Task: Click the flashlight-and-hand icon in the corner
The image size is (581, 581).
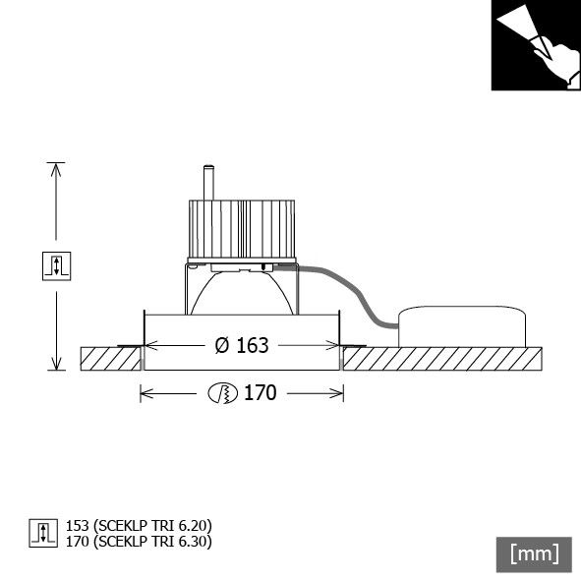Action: click(536, 46)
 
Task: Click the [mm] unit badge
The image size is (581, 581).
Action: click(534, 553)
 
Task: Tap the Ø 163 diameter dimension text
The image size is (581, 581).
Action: click(241, 345)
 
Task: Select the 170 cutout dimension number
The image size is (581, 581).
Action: click(261, 393)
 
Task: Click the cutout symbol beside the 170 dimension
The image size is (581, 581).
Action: click(223, 393)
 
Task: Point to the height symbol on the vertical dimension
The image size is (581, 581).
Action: click(57, 265)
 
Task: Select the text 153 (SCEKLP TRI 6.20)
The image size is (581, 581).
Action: click(139, 526)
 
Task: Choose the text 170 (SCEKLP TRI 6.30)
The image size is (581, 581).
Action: click(139, 541)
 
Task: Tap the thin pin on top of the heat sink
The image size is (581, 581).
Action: click(208, 183)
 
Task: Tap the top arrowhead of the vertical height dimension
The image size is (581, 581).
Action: click(56, 168)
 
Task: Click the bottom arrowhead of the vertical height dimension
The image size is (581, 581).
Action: click(56, 364)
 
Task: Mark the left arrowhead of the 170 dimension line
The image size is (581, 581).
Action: click(145, 393)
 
